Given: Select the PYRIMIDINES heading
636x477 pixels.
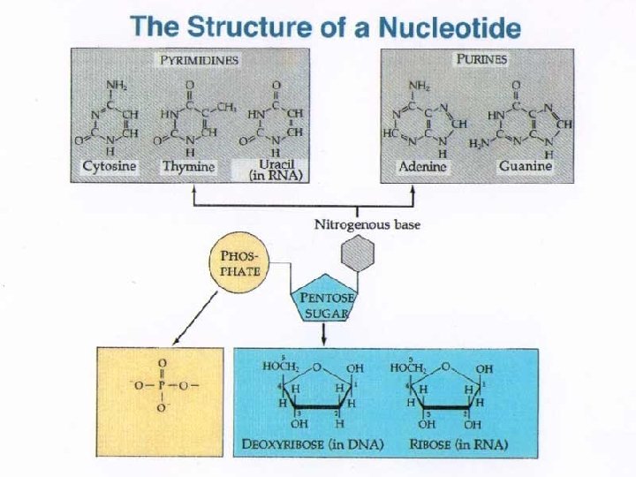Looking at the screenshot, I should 200,60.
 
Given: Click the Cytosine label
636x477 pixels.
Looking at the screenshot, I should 109,166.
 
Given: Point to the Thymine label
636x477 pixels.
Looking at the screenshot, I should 188,166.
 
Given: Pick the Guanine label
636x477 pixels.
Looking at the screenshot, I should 525,166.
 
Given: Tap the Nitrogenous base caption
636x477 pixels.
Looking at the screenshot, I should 367,224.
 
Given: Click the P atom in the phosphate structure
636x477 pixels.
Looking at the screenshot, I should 162,386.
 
